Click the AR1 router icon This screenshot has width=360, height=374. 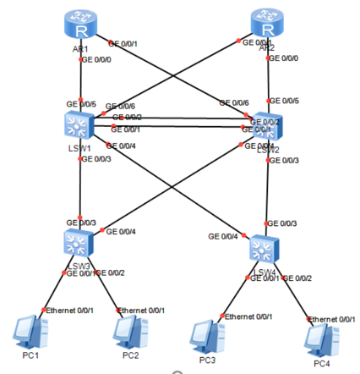(80, 27)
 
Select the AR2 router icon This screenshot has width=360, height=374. (268, 25)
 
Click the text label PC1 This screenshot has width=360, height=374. (31, 355)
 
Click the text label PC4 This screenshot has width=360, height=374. (322, 364)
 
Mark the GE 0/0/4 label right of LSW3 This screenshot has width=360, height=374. (120, 231)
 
